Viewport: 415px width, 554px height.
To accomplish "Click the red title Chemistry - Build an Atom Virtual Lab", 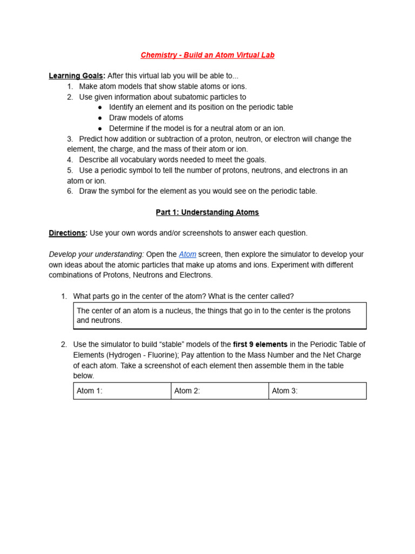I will (x=207, y=55).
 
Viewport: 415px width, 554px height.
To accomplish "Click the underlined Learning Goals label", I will (x=76, y=76).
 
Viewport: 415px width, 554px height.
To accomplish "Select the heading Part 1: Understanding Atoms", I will (x=207, y=213).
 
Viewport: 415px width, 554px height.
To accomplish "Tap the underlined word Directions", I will (x=68, y=233).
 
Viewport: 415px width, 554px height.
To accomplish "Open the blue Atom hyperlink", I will (x=188, y=254).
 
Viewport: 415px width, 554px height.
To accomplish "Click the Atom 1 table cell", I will (x=122, y=391).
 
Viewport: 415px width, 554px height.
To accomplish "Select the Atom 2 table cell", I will (x=219, y=391).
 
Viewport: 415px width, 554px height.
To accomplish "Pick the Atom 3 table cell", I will (x=317, y=391).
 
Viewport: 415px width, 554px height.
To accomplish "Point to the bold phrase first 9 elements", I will (x=260, y=345).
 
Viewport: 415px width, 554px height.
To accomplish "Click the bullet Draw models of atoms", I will (x=146, y=118).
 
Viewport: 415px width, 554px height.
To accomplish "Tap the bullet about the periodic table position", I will (x=200, y=107).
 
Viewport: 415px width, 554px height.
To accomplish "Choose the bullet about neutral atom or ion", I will (x=197, y=128).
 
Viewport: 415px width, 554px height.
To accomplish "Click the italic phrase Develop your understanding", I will (x=96, y=254).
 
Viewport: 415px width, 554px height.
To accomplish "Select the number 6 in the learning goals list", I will (x=70, y=191).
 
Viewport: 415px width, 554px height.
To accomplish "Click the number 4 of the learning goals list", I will (x=70, y=160).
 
